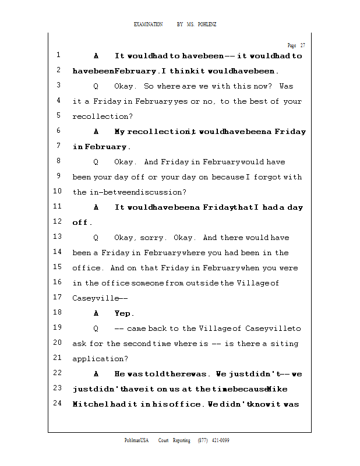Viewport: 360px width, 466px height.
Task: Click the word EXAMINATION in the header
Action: click(x=149, y=24)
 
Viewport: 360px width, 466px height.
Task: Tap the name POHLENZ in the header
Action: click(x=207, y=24)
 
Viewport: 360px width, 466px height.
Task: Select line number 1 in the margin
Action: click(x=59, y=55)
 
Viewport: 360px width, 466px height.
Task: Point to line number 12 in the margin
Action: click(x=57, y=221)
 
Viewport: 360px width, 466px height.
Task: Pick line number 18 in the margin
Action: click(x=57, y=312)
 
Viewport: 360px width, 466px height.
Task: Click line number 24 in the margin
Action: click(x=57, y=403)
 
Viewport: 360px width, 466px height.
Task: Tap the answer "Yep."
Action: click(x=125, y=313)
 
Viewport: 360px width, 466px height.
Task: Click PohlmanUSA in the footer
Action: click(x=137, y=440)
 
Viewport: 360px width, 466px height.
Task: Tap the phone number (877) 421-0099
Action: click(x=214, y=440)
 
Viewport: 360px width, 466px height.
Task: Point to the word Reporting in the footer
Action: click(x=180, y=440)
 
